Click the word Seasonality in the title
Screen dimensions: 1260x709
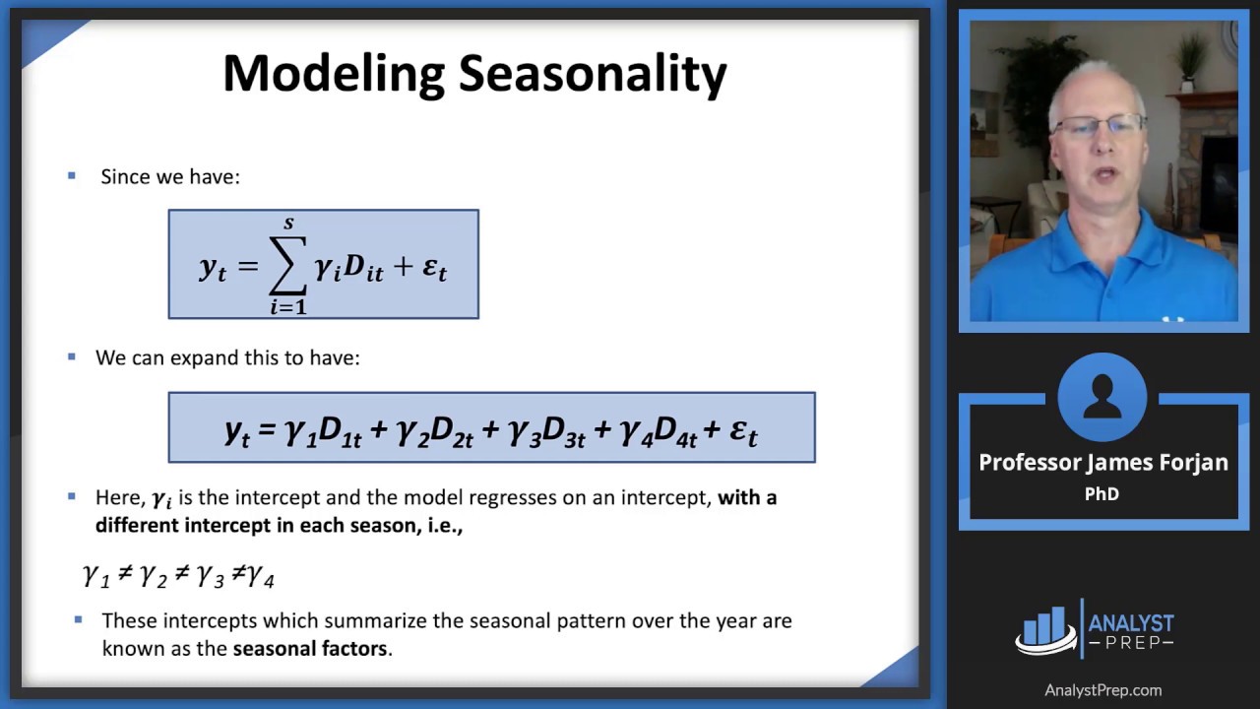[593, 75]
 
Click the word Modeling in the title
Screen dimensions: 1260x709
[334, 75]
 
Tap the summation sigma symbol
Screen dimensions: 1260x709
[288, 265]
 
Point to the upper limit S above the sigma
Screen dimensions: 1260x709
[288, 224]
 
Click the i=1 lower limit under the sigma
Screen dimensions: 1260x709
[288, 307]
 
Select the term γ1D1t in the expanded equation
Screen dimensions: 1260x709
[324, 432]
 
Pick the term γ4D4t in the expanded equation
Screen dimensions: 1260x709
[659, 432]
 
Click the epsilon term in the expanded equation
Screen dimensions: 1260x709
[743, 432]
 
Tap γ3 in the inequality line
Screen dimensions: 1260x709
[211, 576]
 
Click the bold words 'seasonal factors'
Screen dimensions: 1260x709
[310, 649]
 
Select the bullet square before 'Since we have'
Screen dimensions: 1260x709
[72, 175]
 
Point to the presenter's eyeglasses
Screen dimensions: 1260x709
[1100, 125]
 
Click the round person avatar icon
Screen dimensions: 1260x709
[1102, 397]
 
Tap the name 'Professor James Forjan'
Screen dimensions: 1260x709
[1103, 463]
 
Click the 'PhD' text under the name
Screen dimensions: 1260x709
[1102, 494]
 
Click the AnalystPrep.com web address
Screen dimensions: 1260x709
[1103, 690]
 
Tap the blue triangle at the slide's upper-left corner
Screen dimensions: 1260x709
[48, 39]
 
